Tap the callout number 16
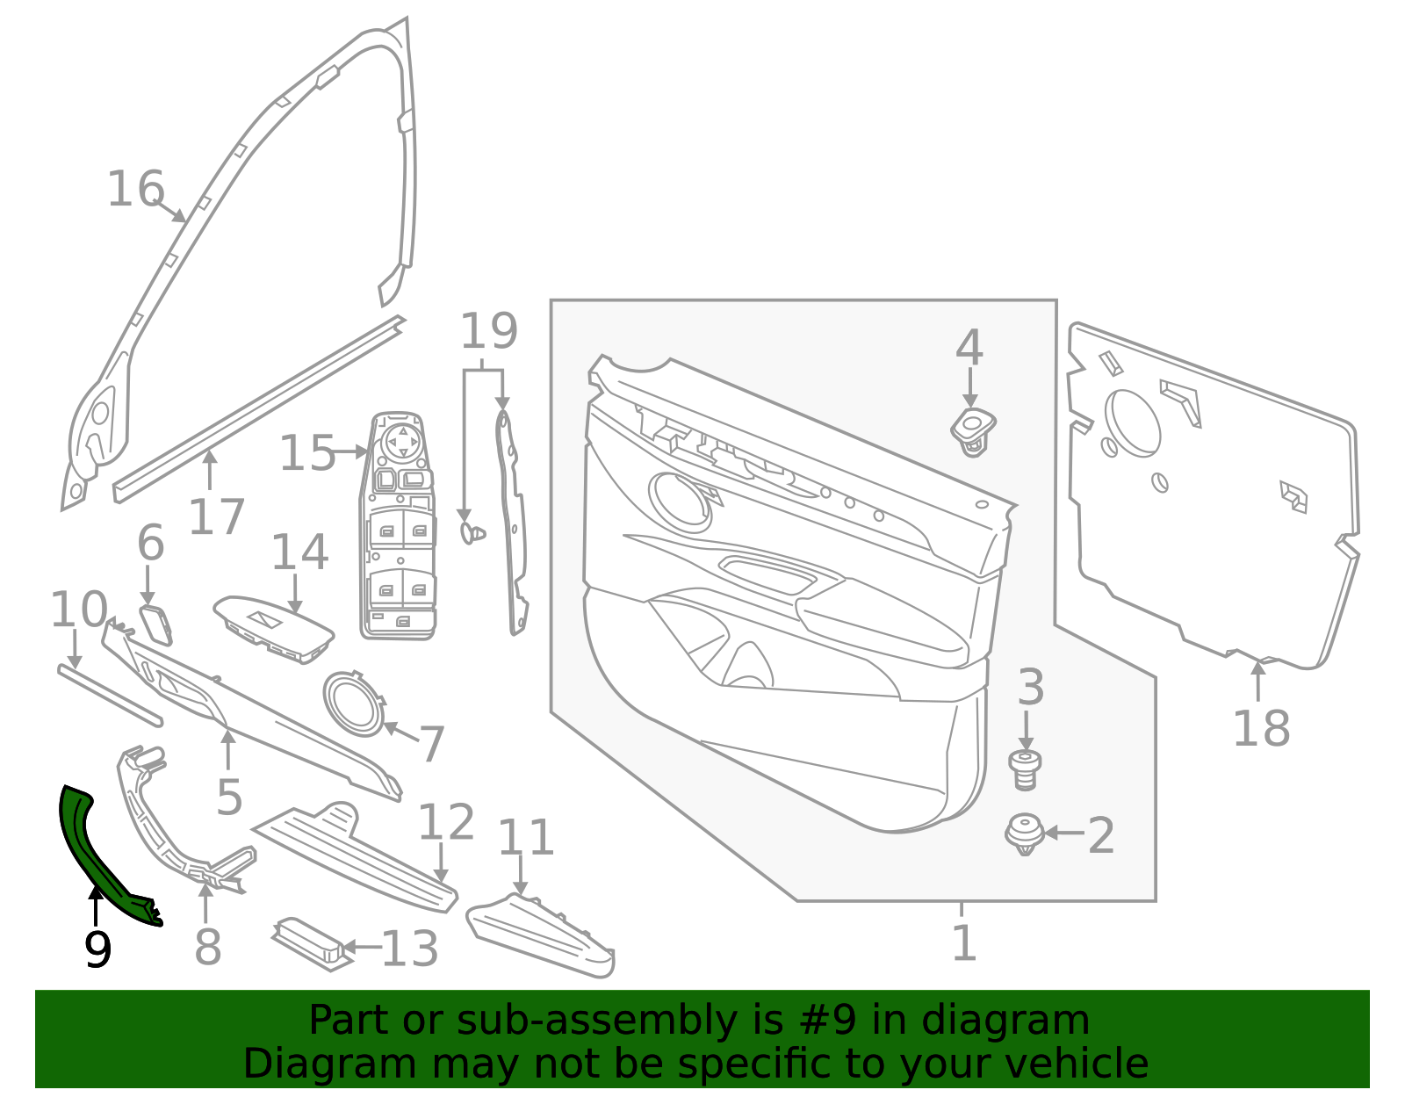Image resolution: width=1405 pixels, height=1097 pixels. pos(135,190)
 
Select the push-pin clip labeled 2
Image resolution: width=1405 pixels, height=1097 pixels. pos(1024,834)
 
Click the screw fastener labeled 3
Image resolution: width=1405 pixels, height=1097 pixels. pos(1025,769)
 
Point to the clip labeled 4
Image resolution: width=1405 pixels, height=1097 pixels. pos(972,429)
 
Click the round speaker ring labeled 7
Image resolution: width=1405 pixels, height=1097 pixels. pos(354,704)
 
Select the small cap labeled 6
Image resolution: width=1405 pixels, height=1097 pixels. pos(156,624)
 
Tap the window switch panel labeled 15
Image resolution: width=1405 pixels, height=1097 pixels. pos(400,527)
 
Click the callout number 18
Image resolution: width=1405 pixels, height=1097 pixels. pos(1260,728)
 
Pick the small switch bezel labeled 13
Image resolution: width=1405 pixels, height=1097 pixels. pos(309,943)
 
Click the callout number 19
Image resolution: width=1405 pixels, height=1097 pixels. pos(488,332)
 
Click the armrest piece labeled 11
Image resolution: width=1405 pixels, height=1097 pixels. pos(540,937)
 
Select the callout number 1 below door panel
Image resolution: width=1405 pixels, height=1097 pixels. pos(963,942)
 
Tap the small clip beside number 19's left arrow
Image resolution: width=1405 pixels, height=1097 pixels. pos(472,532)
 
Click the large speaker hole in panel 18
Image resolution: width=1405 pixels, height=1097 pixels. pos(1132,423)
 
